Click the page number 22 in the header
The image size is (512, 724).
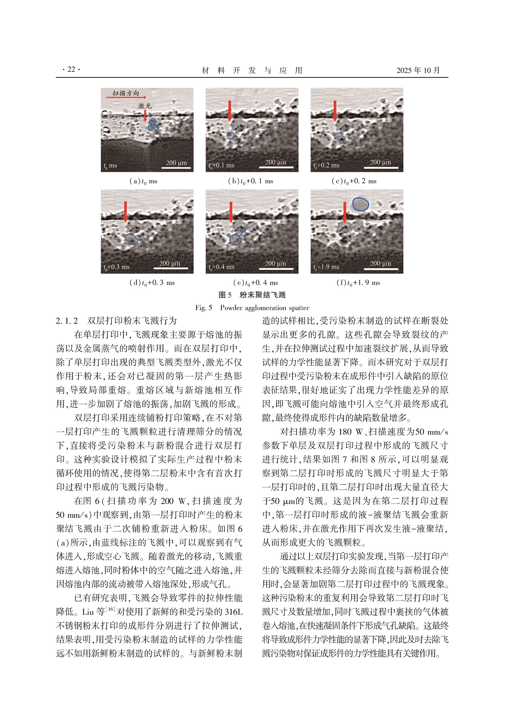coord(71,69)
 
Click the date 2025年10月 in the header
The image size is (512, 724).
coord(418,70)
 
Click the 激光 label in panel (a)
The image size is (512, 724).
coord(145,106)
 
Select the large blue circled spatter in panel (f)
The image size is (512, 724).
coord(360,204)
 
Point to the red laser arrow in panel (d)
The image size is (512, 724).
coord(126,211)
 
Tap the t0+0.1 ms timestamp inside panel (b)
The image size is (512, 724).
coord(221,165)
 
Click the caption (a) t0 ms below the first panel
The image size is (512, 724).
coord(143,181)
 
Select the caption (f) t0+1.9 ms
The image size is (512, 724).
coord(358,283)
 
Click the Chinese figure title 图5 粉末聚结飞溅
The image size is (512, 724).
coord(252,295)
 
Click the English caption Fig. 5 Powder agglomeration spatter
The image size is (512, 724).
coord(252,308)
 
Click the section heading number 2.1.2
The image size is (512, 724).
coord(67,321)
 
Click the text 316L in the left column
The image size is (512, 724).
coord(233,612)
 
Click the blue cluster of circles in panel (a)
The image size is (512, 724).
coord(153,125)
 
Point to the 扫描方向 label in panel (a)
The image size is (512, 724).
coord(126,93)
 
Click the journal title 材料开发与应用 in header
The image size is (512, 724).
coord(252,70)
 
